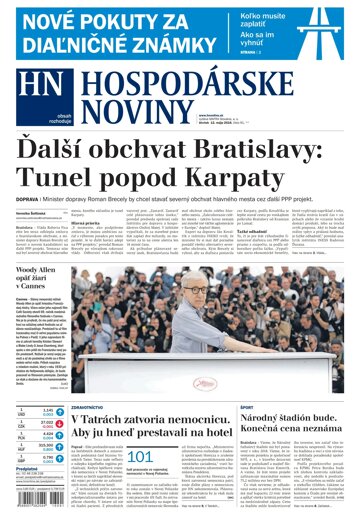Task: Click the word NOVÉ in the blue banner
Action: tap(48, 23)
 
